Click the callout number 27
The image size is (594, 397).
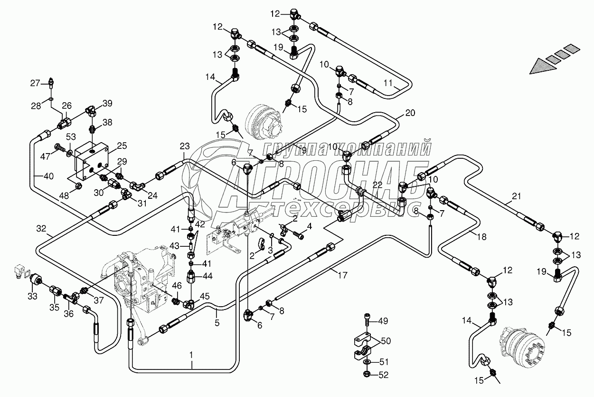tap(36, 83)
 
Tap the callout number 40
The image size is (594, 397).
tap(48, 176)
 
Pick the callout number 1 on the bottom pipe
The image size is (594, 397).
tap(191, 354)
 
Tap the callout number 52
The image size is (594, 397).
tap(383, 375)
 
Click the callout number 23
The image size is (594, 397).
tap(185, 146)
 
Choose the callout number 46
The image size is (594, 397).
tap(176, 286)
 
